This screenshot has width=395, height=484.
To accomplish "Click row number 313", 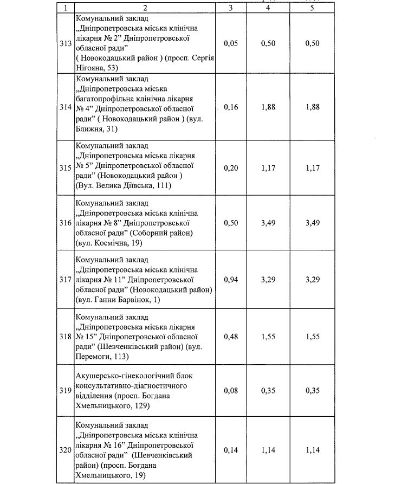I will [66, 43].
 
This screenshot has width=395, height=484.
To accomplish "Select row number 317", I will [66, 280].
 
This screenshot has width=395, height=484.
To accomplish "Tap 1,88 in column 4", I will [268, 107].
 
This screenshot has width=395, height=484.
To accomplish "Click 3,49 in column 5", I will [312, 223].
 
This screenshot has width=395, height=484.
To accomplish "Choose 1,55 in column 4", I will [268, 337].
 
